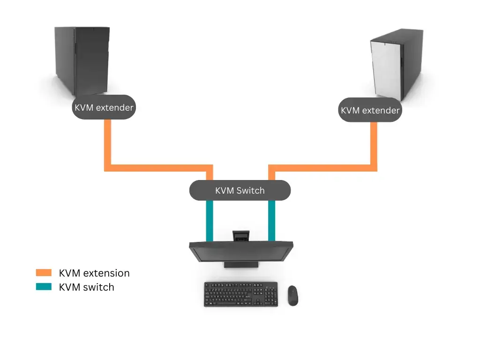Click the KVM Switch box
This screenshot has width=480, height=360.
click(x=240, y=190)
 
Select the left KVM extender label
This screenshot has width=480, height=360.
click(x=104, y=107)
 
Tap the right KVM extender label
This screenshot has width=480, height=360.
click(x=370, y=110)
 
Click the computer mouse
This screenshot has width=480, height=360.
click(x=292, y=295)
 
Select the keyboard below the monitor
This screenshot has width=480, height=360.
click(x=240, y=294)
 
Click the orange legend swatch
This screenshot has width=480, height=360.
click(x=44, y=273)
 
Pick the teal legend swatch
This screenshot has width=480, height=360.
click(x=44, y=287)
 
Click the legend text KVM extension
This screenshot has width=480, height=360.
click(x=94, y=273)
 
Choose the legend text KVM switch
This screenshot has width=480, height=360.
click(x=87, y=287)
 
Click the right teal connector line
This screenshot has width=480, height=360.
click(x=271, y=221)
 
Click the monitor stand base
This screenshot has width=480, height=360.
click(x=241, y=265)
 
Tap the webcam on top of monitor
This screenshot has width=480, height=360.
click(x=241, y=235)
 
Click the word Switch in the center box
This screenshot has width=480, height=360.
click(x=250, y=190)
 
